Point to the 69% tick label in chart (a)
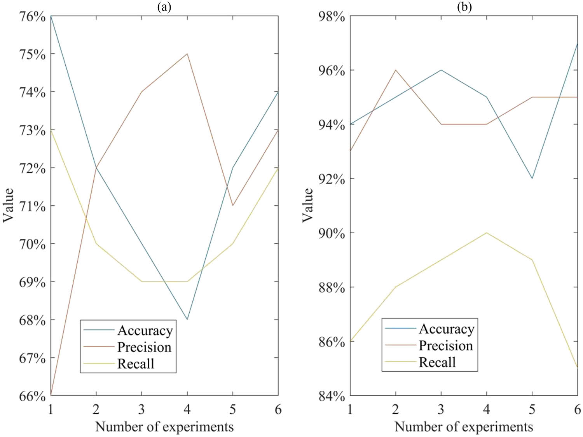[32, 282]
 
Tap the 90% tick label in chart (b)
[332, 233]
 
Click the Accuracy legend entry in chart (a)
[145, 330]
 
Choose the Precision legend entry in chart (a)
[144, 347]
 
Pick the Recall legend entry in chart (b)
[437, 362]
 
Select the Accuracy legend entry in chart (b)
[446, 329]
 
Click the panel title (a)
[164, 7]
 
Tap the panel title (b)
[464, 7]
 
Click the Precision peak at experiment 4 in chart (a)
[187, 54]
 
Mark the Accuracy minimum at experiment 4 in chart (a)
[187, 319]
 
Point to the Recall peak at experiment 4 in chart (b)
[487, 233]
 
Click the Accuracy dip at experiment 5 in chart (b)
[532, 178]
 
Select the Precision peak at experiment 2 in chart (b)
[396, 70]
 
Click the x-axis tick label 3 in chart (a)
[141, 409]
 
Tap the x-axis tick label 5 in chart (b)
[532, 409]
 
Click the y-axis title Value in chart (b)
[307, 205]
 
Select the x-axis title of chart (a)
[164, 427]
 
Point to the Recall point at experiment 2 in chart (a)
[96, 244]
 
